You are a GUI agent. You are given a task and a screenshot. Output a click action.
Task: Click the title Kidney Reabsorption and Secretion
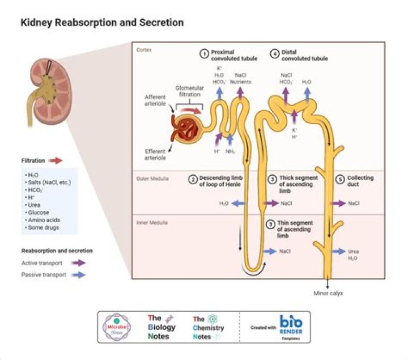[x=102, y=23]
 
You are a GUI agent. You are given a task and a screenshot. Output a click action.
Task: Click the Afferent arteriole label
[x=155, y=100]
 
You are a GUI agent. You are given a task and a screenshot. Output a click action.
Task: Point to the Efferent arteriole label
[x=155, y=154]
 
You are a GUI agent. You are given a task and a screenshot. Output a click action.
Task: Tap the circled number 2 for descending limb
[x=193, y=180]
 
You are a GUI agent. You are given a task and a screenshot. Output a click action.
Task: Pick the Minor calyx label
[x=328, y=293]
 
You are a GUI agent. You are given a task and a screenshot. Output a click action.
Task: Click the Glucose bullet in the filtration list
[x=40, y=212]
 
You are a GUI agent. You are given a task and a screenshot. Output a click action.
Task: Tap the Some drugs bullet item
[x=43, y=227]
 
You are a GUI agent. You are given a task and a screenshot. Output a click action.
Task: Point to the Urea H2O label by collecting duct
[x=353, y=255]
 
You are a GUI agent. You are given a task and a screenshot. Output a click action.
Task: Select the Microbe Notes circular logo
[x=116, y=327]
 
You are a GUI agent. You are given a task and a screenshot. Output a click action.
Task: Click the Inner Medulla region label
[x=149, y=223]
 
